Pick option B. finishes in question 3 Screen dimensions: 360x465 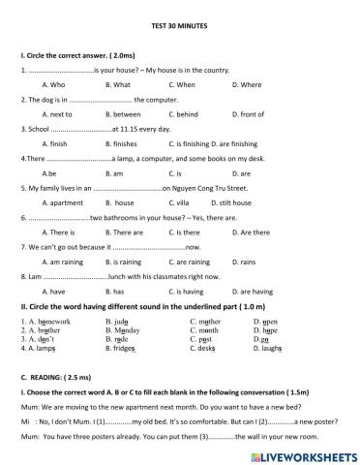[x=119, y=143]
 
